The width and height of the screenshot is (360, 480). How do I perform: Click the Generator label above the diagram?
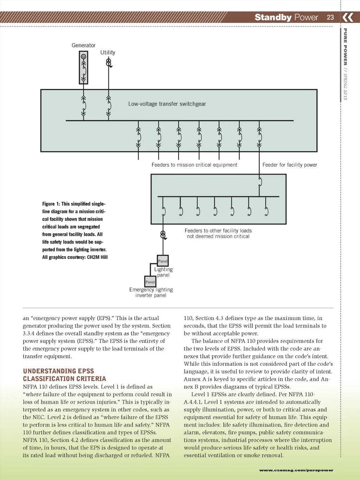tap(83, 45)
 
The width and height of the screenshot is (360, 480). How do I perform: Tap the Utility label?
tap(108, 52)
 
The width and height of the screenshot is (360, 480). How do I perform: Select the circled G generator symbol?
tap(84, 57)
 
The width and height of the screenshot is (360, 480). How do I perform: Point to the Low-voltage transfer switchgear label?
tap(167, 104)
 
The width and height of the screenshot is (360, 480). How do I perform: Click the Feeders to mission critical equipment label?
tap(194, 165)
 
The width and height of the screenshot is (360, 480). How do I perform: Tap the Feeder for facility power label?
tap(290, 165)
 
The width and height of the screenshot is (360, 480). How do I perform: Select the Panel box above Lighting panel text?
tap(163, 261)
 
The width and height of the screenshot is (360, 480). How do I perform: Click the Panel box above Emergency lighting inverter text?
tap(150, 282)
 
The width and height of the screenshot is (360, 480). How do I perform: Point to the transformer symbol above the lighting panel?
tap(163, 235)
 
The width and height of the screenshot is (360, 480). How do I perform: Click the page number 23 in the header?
tap(330, 17)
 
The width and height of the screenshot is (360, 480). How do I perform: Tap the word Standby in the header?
tap(273, 17)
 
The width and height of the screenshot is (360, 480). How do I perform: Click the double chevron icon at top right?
tap(348, 17)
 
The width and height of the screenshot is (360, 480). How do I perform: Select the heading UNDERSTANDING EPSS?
tap(58, 371)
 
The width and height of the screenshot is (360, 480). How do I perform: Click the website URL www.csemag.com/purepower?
tap(296, 470)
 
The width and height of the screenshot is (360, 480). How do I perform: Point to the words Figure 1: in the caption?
tap(51, 204)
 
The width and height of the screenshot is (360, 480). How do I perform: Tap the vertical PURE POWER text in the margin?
tap(345, 47)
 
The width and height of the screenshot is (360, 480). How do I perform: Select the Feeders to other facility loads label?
tap(218, 231)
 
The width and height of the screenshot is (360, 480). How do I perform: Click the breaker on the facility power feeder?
tap(260, 182)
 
